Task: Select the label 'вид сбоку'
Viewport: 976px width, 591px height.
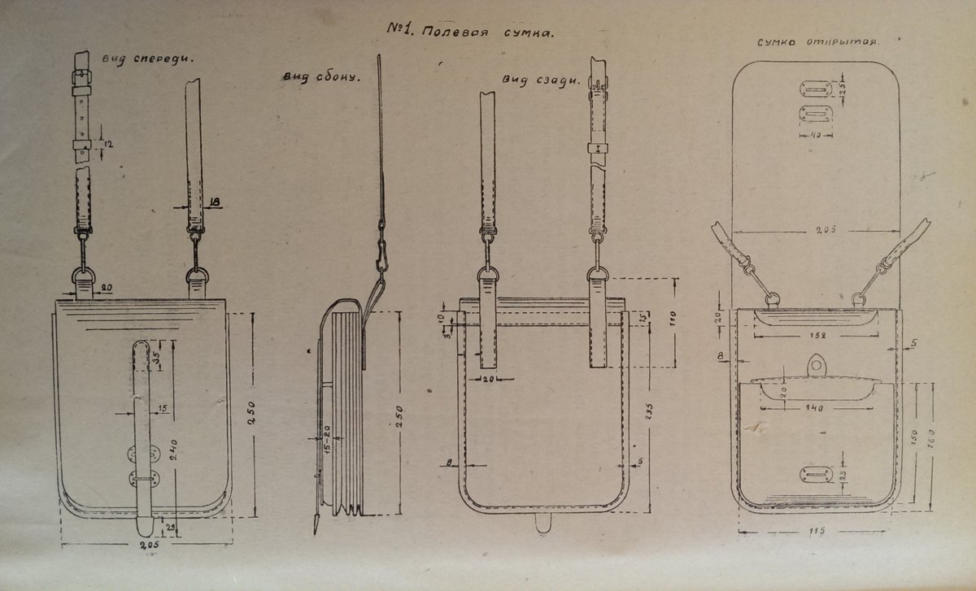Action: click(320, 77)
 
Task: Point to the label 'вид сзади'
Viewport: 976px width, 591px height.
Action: click(541, 80)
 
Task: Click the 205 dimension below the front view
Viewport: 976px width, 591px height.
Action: click(146, 545)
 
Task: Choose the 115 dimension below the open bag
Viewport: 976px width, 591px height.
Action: click(817, 532)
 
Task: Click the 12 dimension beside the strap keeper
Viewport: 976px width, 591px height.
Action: click(107, 145)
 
